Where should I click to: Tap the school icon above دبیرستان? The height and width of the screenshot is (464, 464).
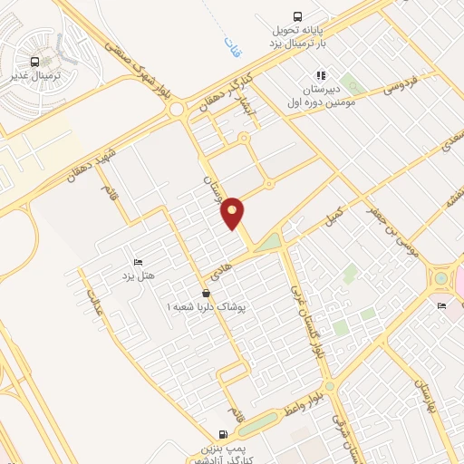(x=319, y=76)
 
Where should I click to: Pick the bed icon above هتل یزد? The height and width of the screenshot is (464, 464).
(x=138, y=261)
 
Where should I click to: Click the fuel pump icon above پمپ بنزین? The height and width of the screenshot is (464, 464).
(x=224, y=434)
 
